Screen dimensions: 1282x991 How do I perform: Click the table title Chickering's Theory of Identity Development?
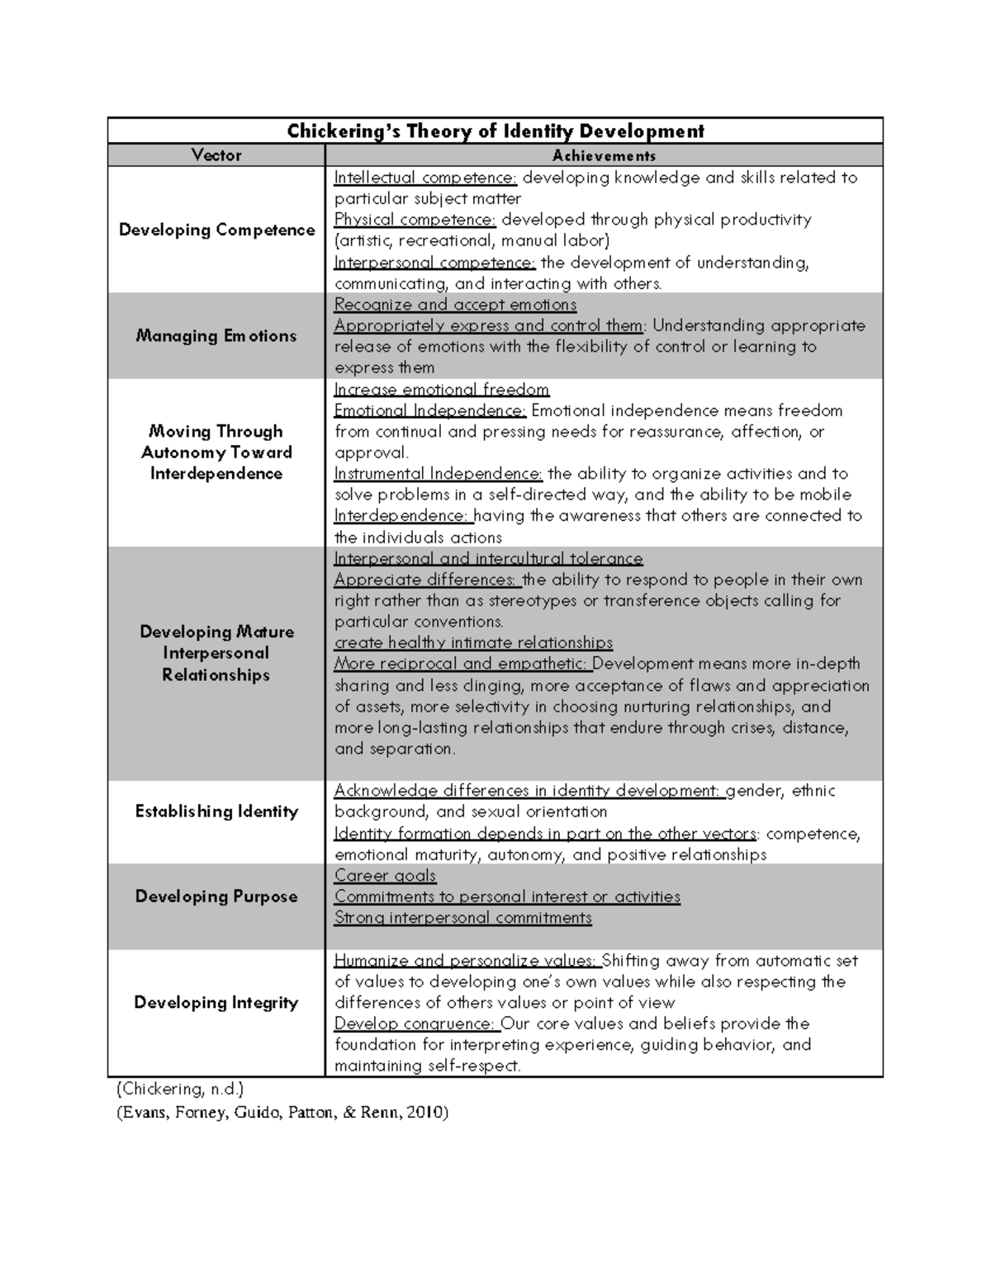tap(495, 131)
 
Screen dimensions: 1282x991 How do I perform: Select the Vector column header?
tap(216, 155)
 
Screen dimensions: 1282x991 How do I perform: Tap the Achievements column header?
tap(604, 155)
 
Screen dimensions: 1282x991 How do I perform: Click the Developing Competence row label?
tap(216, 229)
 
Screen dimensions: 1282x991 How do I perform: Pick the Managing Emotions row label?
tap(216, 336)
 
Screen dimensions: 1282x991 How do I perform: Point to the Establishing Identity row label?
tap(216, 811)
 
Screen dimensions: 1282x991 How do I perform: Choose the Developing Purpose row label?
tap(216, 896)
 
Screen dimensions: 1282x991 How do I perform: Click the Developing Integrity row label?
tap(216, 1002)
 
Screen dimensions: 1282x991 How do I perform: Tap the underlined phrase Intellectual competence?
tap(425, 177)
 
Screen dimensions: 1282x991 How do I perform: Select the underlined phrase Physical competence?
tap(415, 220)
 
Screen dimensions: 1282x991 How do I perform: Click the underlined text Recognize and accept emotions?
tap(455, 305)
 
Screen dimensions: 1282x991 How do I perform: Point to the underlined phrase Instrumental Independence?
tap(438, 474)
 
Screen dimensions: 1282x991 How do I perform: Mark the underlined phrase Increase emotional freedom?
tap(441, 390)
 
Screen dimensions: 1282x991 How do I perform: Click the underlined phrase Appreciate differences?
tap(425, 580)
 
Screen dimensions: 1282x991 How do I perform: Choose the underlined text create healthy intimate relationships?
tap(473, 643)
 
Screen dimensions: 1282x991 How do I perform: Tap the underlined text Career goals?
tap(385, 876)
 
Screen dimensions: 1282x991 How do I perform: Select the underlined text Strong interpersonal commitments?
tap(462, 918)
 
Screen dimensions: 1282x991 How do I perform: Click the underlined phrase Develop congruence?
tap(415, 1024)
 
